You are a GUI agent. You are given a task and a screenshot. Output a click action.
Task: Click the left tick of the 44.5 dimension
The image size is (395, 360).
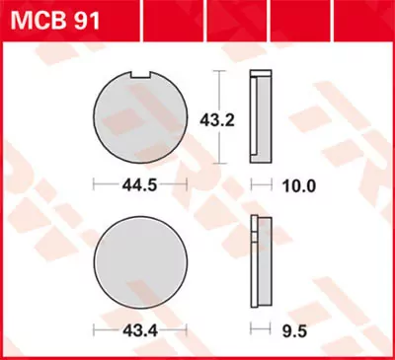click(x=94, y=184)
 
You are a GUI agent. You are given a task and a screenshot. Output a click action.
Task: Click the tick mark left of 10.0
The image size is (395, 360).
click(x=253, y=184)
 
